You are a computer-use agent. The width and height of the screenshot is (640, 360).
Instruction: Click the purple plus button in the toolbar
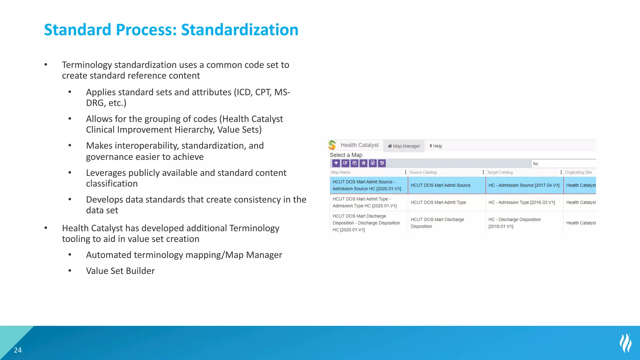click(336, 163)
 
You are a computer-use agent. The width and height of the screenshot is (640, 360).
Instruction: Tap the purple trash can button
click(363, 163)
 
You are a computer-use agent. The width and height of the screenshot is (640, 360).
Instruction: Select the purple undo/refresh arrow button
click(382, 163)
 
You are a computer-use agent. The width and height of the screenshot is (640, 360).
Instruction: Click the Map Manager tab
click(404, 146)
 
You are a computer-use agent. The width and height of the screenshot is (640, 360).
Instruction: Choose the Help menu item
click(436, 146)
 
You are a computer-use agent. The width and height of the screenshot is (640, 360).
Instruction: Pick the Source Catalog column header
click(423, 172)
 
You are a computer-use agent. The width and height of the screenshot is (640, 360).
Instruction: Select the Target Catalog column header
click(500, 172)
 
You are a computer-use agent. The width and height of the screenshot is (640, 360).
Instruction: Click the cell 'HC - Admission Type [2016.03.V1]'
click(522, 202)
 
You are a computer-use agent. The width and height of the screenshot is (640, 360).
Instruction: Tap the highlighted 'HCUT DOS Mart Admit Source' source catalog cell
click(440, 185)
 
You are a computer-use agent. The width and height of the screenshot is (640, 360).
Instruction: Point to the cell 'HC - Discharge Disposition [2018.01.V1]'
click(514, 223)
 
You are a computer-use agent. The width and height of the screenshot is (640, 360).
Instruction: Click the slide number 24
click(18, 350)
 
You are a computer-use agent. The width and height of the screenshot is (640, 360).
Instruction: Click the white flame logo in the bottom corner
click(626, 343)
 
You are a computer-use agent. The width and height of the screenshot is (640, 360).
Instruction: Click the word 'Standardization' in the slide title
click(240, 30)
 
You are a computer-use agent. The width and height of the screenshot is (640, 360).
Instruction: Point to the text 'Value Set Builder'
click(120, 271)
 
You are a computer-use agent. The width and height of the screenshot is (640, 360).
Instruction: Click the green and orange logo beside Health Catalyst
click(332, 145)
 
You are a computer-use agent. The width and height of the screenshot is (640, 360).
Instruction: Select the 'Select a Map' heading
click(346, 155)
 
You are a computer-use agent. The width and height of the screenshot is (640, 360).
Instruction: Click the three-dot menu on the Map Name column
click(406, 172)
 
